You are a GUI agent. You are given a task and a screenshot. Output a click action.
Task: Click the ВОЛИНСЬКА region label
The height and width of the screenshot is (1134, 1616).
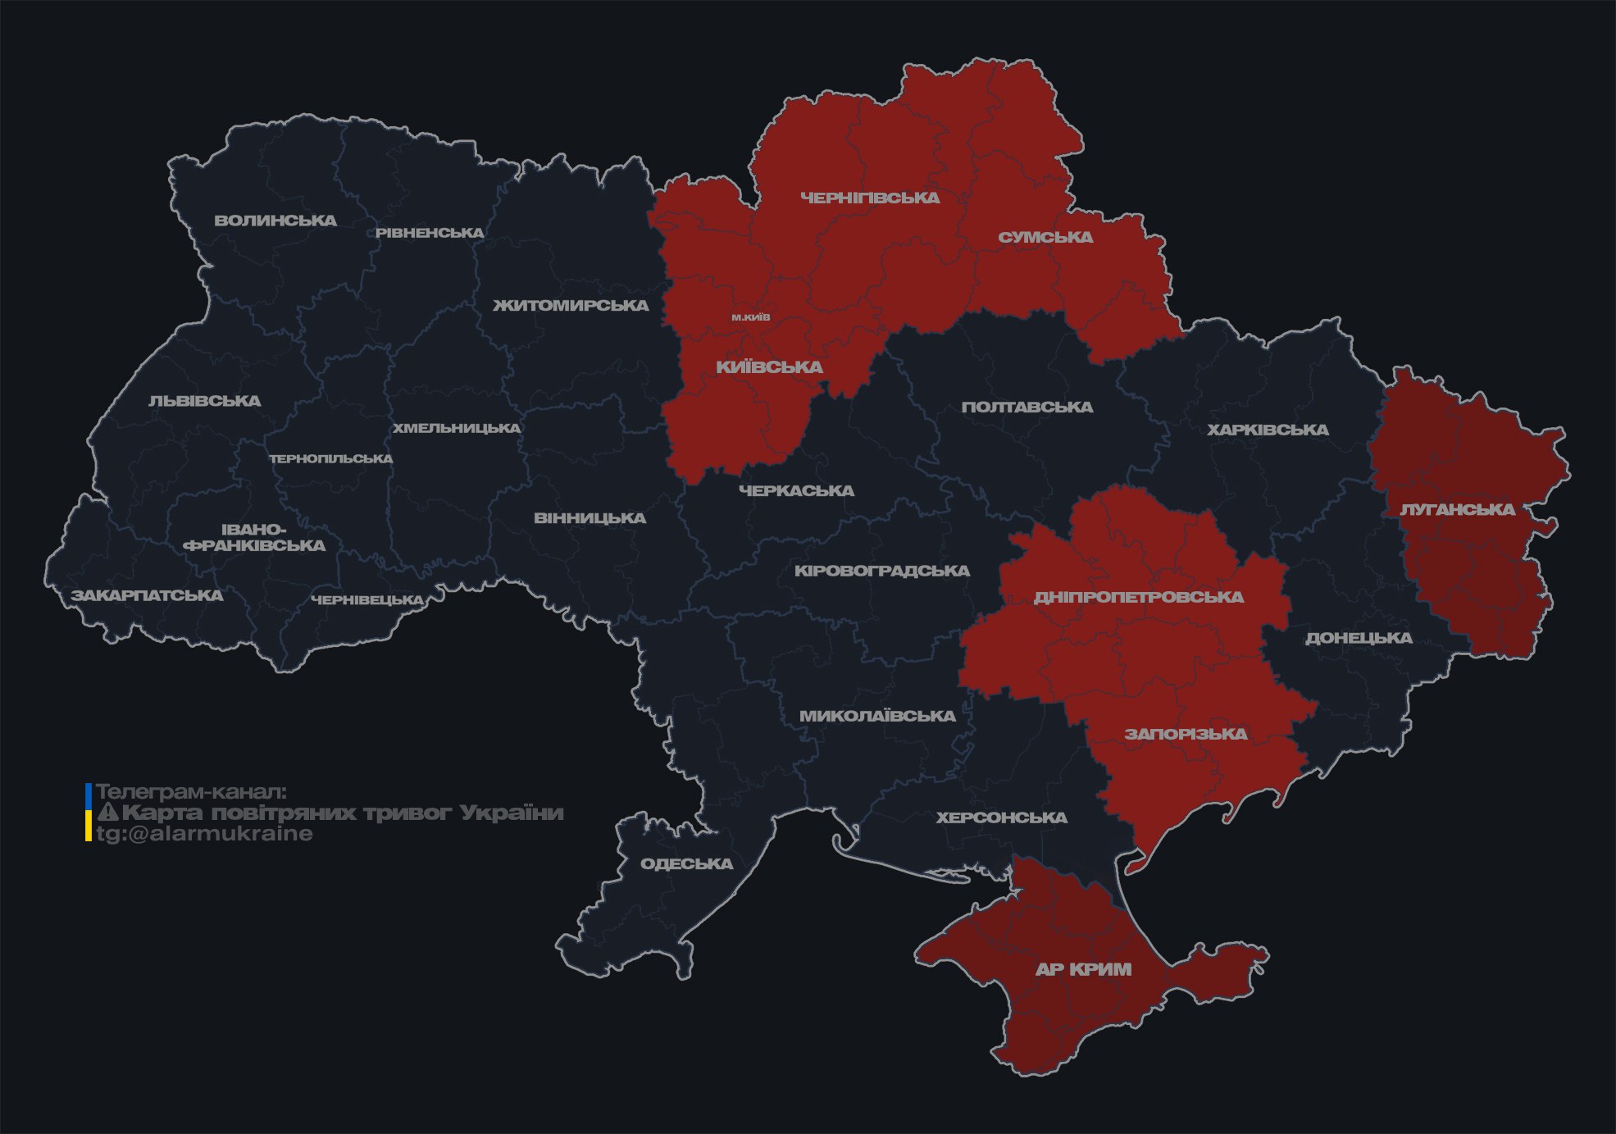(x=275, y=221)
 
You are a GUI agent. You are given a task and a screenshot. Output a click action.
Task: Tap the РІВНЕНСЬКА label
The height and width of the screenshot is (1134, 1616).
(x=430, y=233)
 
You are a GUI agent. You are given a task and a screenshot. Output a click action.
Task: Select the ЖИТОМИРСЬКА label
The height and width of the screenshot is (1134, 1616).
(x=571, y=306)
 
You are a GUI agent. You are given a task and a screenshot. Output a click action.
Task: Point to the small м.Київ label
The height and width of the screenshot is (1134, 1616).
(x=751, y=317)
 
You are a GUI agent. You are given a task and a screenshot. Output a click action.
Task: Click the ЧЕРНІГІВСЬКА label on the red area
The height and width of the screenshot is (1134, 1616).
(x=870, y=198)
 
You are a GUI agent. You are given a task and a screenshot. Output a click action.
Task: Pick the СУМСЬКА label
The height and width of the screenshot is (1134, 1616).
(x=1045, y=238)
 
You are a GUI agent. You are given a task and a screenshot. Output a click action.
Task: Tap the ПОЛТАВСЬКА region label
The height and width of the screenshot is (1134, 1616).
(x=1027, y=408)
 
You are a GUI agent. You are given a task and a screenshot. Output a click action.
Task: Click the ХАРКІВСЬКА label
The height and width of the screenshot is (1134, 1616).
(x=1268, y=430)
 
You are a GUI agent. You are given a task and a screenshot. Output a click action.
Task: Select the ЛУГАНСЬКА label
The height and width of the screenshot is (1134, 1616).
(x=1458, y=510)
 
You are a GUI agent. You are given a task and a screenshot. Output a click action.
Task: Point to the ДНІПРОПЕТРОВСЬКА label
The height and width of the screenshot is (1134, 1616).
(x=1139, y=597)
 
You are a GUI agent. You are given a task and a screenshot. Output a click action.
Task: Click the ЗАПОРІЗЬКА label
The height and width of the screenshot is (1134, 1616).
(x=1186, y=734)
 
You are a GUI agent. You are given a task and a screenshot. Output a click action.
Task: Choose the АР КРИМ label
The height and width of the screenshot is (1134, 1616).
(x=1083, y=969)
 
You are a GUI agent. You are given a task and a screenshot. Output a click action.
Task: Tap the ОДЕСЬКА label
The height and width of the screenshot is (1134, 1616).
(x=686, y=864)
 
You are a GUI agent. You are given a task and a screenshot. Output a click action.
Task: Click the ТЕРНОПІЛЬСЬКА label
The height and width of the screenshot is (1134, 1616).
(x=331, y=459)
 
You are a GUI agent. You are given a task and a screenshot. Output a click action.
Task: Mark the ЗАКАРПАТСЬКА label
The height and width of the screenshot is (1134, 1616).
(x=148, y=595)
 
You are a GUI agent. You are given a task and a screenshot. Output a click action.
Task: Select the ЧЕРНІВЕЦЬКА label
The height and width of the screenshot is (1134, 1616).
(x=367, y=600)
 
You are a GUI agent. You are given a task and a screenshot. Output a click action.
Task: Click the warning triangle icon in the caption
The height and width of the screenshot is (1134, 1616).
(x=108, y=813)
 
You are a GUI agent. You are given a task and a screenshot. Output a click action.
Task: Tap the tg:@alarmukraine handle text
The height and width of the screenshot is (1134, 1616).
(x=204, y=834)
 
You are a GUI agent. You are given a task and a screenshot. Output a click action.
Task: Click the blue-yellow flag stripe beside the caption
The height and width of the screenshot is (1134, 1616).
(x=89, y=813)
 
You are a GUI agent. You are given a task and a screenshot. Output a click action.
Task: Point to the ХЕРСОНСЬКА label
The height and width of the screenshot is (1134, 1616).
(x=1002, y=817)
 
